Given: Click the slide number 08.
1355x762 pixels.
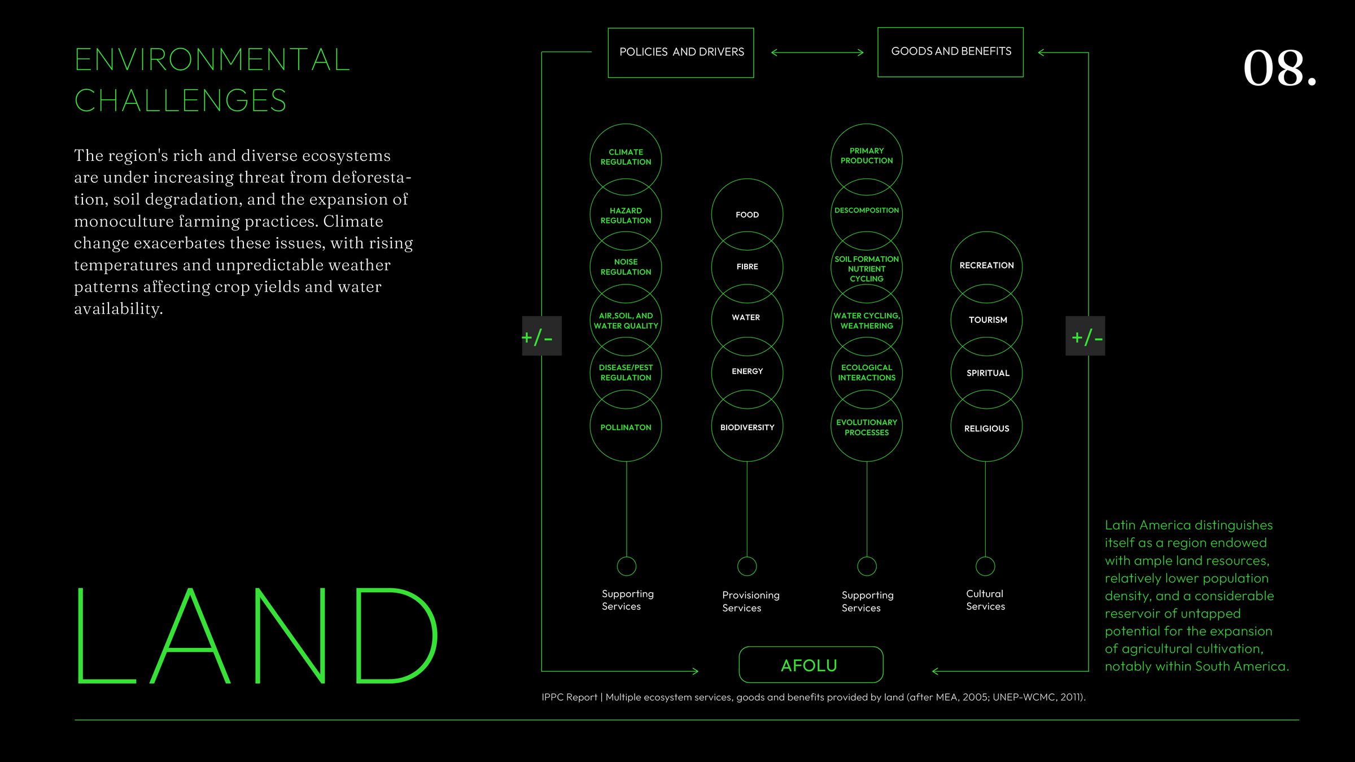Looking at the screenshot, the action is (1280, 68).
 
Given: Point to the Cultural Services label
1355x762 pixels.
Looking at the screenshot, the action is (985, 600).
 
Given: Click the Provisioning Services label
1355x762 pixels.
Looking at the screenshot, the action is (750, 602).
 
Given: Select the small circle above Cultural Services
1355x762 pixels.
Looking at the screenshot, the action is (985, 557).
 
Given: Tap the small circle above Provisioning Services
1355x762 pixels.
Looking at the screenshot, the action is (747, 557).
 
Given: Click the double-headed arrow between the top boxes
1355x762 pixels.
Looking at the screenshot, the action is (818, 52).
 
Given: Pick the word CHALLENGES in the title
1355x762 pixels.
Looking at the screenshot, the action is (181, 100).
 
